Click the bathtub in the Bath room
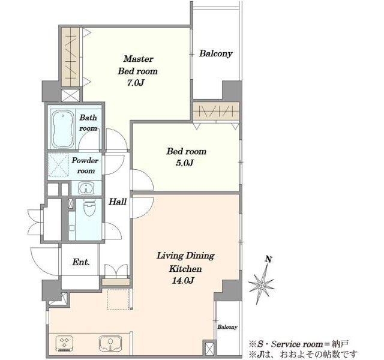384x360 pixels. [62, 129]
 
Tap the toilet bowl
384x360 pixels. [89, 207]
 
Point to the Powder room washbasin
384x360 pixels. [86, 188]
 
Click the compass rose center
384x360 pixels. [262, 286]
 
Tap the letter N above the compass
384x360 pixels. [269, 259]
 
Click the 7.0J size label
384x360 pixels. [136, 83]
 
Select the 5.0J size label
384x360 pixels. [185, 163]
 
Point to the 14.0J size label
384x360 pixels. [182, 280]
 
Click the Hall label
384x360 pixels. [118, 202]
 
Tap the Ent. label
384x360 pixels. [81, 262]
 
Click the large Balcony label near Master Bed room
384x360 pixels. [215, 53]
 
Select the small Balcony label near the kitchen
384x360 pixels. [227, 327]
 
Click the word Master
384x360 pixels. [139, 59]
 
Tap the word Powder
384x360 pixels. [85, 160]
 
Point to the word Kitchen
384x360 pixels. [185, 269]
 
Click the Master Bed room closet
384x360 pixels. [71, 57]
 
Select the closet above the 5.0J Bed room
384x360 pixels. [216, 112]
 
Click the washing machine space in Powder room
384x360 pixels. [58, 164]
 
